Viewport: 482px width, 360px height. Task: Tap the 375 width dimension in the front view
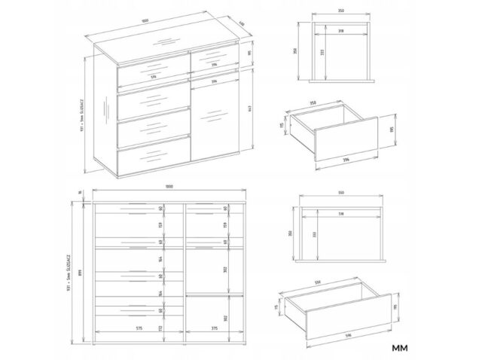215,328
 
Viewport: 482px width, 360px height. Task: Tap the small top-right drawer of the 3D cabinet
215,57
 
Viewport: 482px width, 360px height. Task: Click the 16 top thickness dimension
78,194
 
